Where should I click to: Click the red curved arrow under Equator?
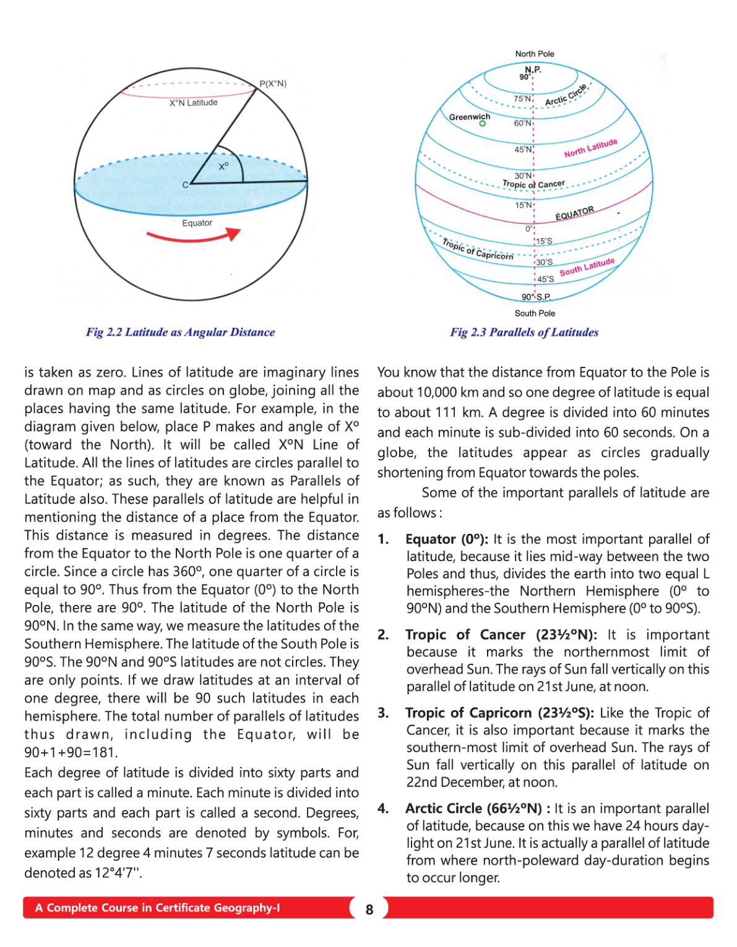pyautogui.click(x=193, y=236)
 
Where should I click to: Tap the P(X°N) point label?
pyautogui.click(x=273, y=84)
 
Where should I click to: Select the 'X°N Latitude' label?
pyautogui.click(x=194, y=103)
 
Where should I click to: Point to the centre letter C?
pyautogui.click(x=185, y=185)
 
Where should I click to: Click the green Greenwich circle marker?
pyautogui.click(x=483, y=124)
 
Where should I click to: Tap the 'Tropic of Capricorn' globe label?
pyautogui.click(x=478, y=249)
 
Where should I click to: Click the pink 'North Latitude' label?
pyautogui.click(x=590, y=148)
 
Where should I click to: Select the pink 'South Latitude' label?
pyautogui.click(x=587, y=267)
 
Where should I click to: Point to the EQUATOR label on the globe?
pyautogui.click(x=574, y=213)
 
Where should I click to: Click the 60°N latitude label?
pyautogui.click(x=522, y=123)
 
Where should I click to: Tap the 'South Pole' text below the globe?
pyautogui.click(x=535, y=314)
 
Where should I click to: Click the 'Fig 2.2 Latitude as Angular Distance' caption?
pyautogui.click(x=180, y=332)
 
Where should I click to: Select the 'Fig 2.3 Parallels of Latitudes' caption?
pyautogui.click(x=524, y=332)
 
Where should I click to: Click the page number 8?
pyautogui.click(x=369, y=909)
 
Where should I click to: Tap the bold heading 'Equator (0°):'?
pyautogui.click(x=447, y=539)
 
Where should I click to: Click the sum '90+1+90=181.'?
pyautogui.click(x=71, y=753)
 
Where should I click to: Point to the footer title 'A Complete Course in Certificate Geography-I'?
pyautogui.click(x=157, y=908)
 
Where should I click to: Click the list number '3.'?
pyautogui.click(x=384, y=713)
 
